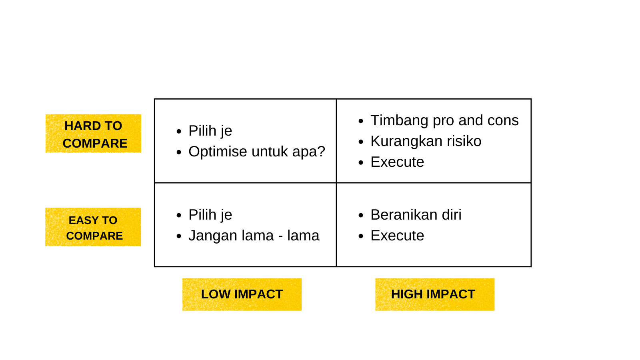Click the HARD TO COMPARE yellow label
point(93,134)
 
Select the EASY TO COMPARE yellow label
point(93,227)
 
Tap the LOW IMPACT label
point(242,294)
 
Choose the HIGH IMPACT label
point(435,294)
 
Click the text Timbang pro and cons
point(444,120)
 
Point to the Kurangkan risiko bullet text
point(426,141)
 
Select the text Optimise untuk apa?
point(257,152)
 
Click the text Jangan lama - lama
point(254,236)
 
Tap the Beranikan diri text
point(416,214)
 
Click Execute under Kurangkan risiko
point(397,162)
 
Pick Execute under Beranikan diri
point(397,236)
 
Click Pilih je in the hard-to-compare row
point(210,131)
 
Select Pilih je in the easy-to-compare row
point(210,215)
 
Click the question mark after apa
point(322,152)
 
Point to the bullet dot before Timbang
point(361,121)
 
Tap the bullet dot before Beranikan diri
point(361,215)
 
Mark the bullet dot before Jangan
point(179,236)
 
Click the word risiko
point(464,141)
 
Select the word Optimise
point(218,152)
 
